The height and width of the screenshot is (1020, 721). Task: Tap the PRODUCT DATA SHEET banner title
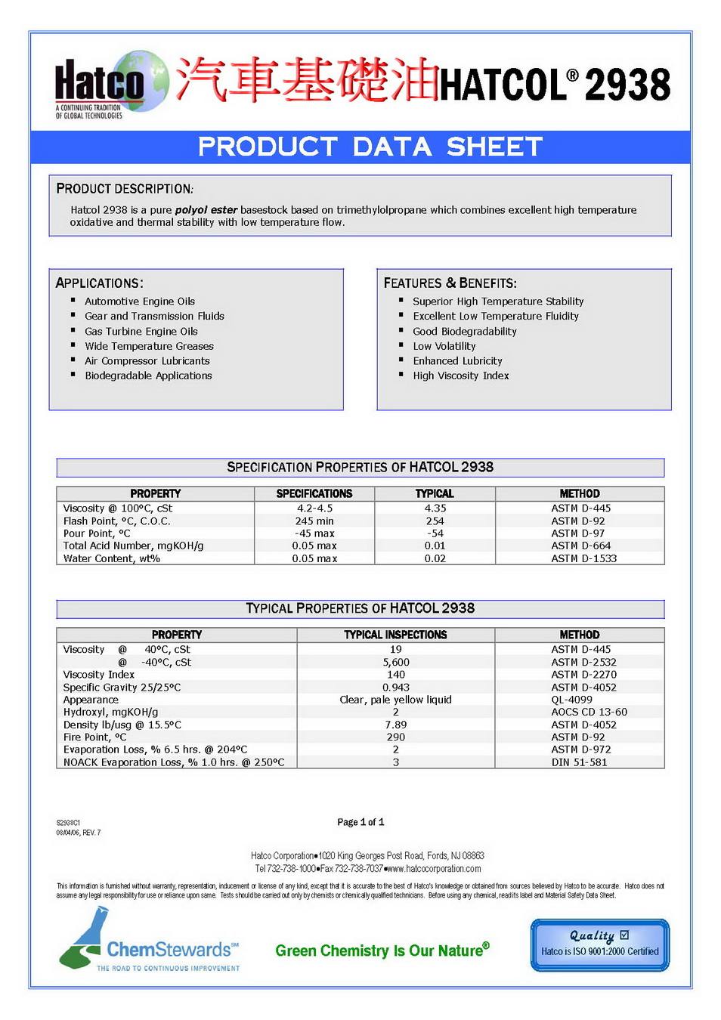tap(370, 147)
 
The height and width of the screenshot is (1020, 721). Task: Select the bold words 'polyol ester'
tap(206, 210)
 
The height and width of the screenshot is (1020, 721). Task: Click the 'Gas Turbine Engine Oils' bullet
tap(141, 331)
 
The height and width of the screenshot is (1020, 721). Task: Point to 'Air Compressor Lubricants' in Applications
tap(147, 360)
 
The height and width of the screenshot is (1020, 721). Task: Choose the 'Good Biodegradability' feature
tap(464, 331)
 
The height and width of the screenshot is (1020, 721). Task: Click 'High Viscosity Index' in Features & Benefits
tap(460, 376)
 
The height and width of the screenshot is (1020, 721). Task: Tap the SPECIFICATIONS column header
tap(314, 493)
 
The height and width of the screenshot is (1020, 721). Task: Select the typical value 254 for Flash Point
tap(435, 521)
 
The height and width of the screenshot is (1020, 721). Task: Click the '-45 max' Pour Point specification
tap(314, 533)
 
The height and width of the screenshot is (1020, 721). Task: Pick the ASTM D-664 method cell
tap(580, 546)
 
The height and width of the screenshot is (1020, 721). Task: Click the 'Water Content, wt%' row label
tap(112, 558)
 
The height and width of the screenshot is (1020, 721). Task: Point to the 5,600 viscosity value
tap(396, 662)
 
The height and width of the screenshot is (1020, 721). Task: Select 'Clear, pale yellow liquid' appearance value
tap(396, 700)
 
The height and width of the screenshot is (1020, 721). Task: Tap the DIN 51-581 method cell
tap(579, 762)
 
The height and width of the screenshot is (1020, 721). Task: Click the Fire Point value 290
tap(396, 737)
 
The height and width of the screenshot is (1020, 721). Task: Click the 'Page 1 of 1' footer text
tap(360, 822)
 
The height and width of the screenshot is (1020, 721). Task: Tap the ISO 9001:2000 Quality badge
tap(600, 944)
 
